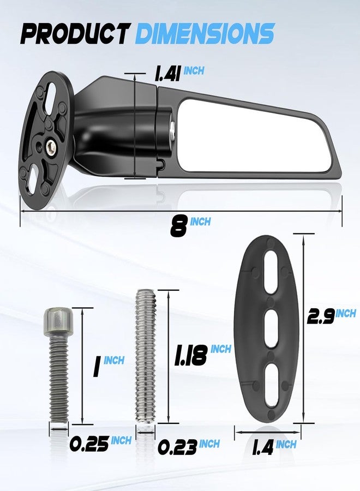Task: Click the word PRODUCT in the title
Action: [75, 33]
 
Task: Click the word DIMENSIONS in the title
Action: [205, 33]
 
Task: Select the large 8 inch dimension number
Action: [179, 226]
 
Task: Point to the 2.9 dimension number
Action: [321, 316]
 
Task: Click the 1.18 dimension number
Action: [191, 355]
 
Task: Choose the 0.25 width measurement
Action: [89, 444]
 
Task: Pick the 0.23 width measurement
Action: [177, 447]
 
